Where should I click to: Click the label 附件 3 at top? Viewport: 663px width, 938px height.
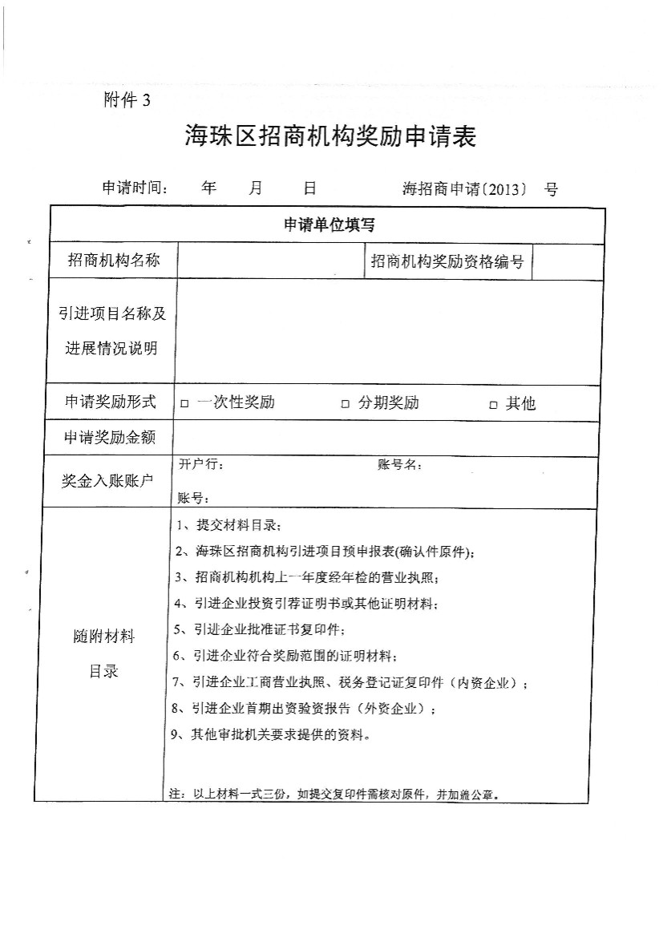[127, 101]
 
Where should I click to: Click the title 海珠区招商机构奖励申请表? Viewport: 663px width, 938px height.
[330, 137]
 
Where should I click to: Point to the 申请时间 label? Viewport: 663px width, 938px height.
[134, 188]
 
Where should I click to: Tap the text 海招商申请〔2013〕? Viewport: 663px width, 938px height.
[465, 189]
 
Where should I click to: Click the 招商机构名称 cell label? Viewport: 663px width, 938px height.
[113, 261]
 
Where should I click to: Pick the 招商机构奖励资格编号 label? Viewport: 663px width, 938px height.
[447, 261]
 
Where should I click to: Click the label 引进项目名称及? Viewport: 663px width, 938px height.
[112, 313]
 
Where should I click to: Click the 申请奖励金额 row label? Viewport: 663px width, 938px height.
[110, 438]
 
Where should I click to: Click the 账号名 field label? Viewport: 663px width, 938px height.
[398, 465]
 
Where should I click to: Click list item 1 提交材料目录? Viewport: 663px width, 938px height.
[226, 526]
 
